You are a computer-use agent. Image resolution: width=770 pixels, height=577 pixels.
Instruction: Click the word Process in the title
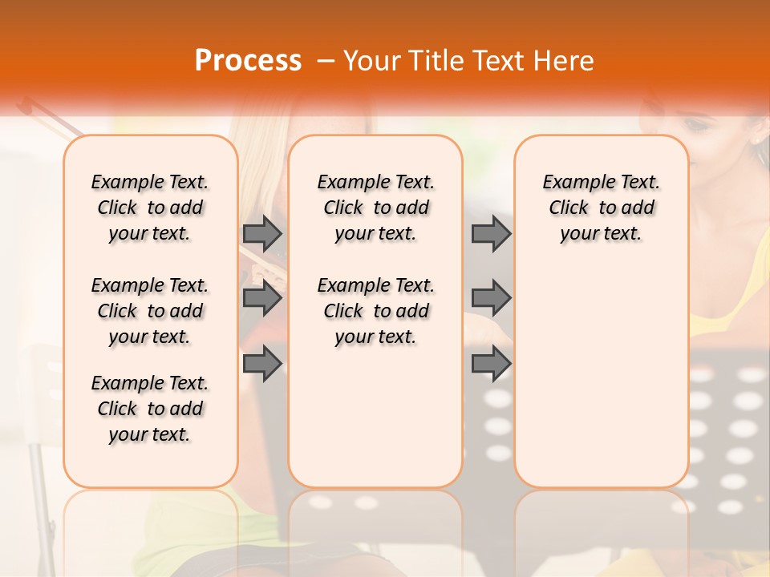(248, 60)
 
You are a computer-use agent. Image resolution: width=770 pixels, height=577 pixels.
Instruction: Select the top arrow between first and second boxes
(262, 233)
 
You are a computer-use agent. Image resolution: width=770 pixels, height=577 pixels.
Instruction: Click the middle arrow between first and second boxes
(262, 298)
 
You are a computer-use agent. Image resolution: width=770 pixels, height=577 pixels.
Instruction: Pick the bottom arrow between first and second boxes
(262, 363)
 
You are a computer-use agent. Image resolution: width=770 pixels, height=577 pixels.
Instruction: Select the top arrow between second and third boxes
(491, 233)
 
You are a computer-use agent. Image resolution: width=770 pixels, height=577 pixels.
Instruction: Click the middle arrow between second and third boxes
(491, 298)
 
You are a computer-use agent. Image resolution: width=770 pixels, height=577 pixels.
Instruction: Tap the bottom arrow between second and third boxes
(491, 363)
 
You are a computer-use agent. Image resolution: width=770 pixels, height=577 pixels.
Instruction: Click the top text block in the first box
(150, 208)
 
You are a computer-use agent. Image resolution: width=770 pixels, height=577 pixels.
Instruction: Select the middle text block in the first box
(150, 311)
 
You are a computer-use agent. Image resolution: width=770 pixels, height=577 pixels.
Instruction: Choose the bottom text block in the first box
(150, 409)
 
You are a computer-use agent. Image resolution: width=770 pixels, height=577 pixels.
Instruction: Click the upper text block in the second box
(375, 208)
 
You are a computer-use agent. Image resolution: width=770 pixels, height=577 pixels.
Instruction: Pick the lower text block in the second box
(375, 311)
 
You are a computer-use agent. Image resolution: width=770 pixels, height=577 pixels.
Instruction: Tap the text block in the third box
(602, 208)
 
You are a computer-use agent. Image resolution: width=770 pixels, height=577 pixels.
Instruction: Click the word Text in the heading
(500, 61)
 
